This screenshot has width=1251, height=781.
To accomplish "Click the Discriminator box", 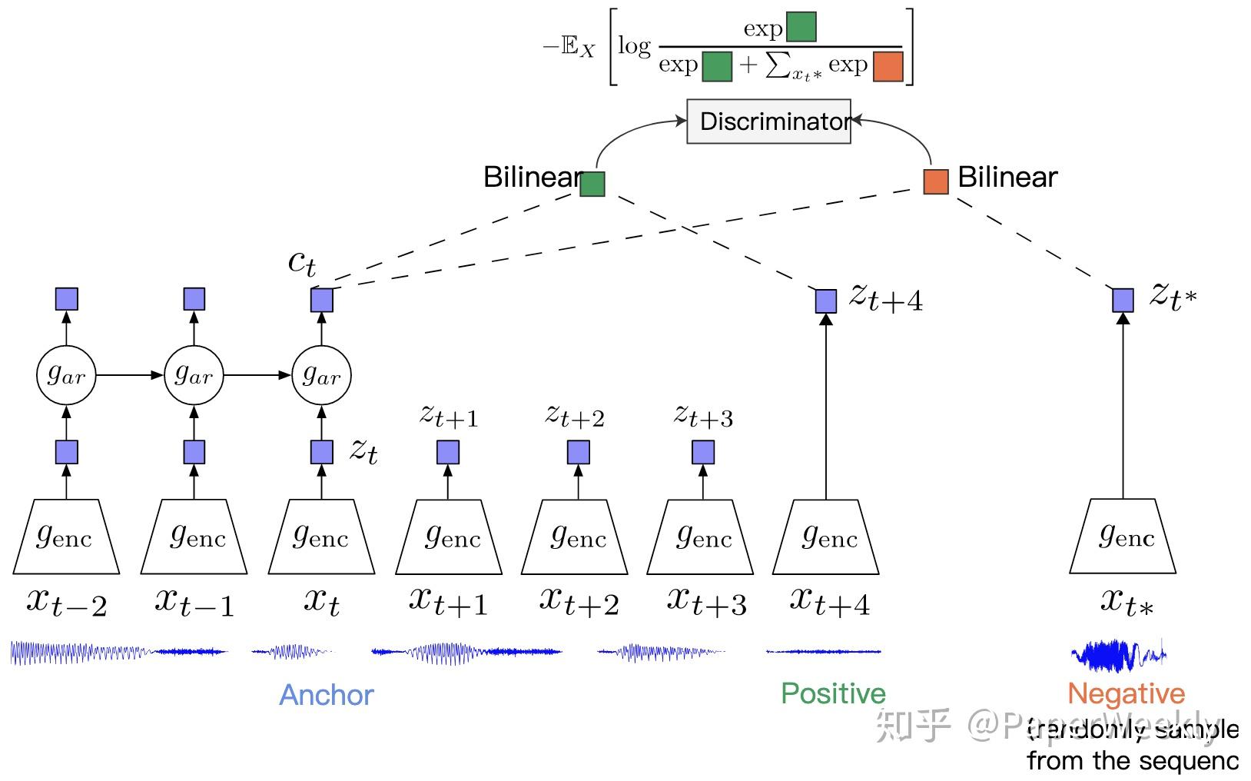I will [x=768, y=121].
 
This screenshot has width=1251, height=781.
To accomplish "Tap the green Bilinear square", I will [x=592, y=184].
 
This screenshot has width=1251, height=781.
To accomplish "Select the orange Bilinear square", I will [x=935, y=182].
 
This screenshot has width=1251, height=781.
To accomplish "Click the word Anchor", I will [x=326, y=695].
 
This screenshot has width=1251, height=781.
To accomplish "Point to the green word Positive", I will [x=833, y=693].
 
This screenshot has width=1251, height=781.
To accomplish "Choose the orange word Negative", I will [x=1126, y=693].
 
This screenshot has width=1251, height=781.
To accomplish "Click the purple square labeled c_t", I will [x=321, y=300].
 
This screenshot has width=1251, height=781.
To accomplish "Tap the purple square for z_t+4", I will [x=825, y=301].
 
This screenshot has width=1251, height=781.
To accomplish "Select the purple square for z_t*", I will [x=1123, y=300].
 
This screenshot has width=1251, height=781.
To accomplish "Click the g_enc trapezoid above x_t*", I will [x=1123, y=537].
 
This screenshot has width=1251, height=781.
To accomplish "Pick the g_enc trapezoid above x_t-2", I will [x=66, y=537].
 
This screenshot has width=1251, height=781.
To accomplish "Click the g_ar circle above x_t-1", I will [x=194, y=375].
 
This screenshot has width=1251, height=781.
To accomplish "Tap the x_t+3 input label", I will [x=705, y=601].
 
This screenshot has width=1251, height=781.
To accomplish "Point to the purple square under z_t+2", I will [x=578, y=452].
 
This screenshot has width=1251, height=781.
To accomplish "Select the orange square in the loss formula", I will [x=888, y=66].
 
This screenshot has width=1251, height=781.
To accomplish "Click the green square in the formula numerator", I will [x=801, y=27].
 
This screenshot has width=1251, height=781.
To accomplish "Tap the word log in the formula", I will [x=634, y=46].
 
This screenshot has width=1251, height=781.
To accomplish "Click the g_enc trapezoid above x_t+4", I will [x=825, y=537].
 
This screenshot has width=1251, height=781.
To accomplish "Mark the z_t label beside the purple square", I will [x=363, y=450].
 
